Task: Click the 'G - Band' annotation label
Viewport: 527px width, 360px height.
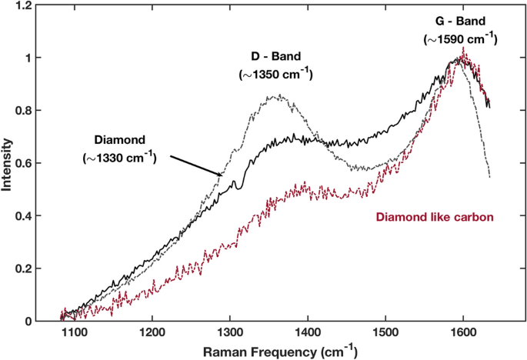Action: pos(460,22)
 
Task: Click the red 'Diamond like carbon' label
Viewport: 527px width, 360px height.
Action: pos(434,218)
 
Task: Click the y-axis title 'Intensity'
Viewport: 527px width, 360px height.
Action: pos(8,162)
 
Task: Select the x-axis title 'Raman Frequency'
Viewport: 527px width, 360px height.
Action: pos(258,352)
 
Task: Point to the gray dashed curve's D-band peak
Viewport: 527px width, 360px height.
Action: pos(278,96)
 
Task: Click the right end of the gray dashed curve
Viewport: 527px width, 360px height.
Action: pos(489,177)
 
